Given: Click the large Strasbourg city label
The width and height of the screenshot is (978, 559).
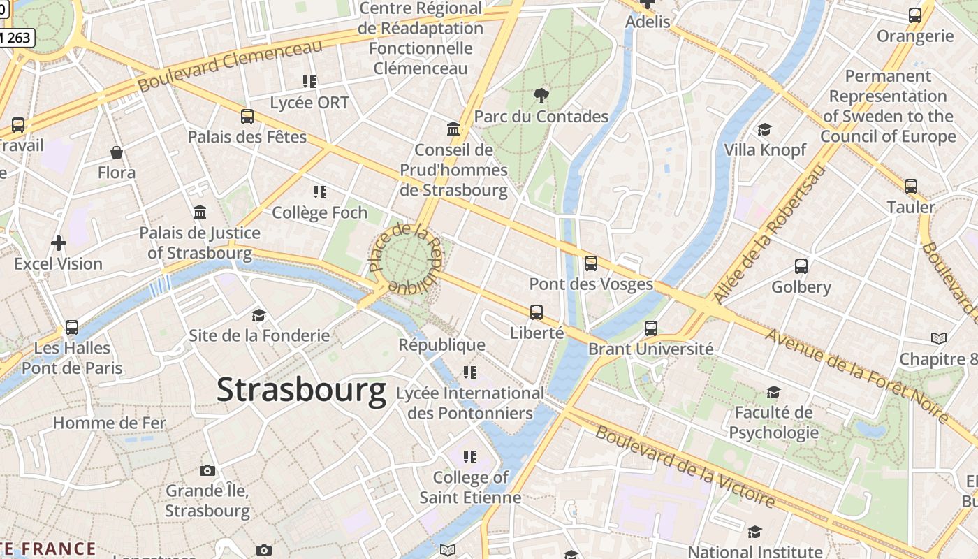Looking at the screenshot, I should [301, 390].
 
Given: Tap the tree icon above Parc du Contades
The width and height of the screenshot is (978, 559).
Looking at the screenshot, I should [541, 95].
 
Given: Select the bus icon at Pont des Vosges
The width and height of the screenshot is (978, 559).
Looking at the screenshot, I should [591, 263].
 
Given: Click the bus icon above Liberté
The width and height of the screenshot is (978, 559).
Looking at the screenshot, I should [537, 312].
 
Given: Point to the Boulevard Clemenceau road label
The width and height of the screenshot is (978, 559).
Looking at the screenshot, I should [231, 65].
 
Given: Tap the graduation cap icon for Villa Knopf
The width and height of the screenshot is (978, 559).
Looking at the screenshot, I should [764, 129].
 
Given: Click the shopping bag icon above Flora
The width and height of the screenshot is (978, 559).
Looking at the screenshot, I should [117, 152].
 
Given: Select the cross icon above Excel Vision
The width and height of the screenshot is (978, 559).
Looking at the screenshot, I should [59, 243].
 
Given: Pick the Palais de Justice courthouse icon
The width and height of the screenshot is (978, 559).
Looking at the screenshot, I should [200, 212].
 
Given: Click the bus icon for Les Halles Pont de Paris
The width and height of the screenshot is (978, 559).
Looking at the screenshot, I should [72, 327].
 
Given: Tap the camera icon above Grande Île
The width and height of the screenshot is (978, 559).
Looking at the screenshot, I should [207, 470].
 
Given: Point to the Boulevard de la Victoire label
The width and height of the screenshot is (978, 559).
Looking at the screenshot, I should [685, 466].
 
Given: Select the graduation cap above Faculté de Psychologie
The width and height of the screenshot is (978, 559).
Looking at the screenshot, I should [773, 392].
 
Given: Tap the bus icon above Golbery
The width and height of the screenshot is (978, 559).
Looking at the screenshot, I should [801, 266].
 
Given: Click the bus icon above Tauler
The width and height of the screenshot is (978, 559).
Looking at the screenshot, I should [911, 187].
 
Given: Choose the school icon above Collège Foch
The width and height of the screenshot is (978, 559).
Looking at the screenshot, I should [320, 191].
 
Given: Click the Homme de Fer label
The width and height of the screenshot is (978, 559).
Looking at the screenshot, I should [110, 423].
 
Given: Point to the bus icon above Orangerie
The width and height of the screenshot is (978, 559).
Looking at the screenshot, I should [915, 15].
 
